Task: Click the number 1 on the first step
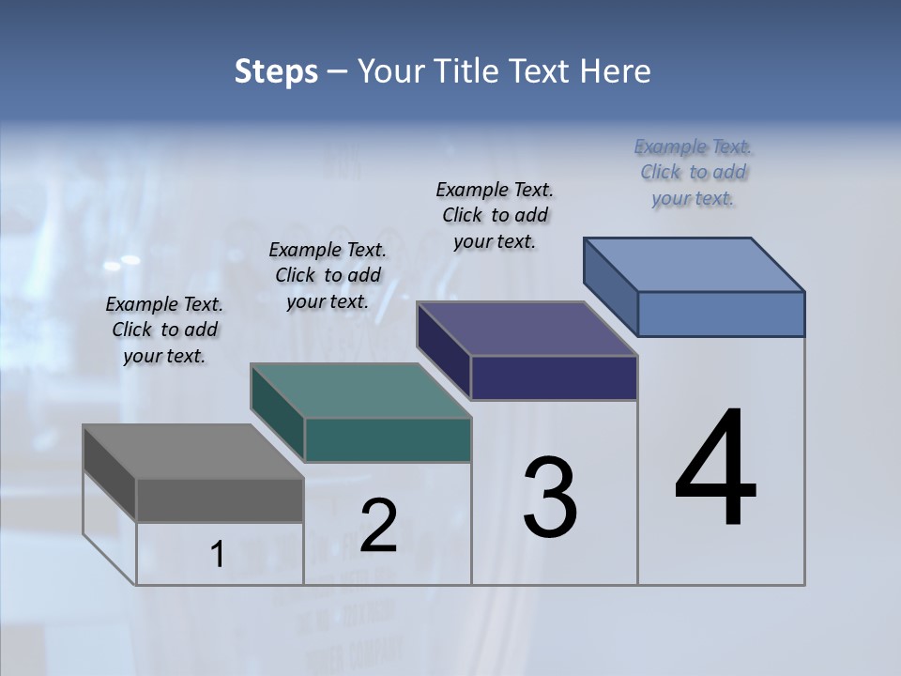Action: [x=217, y=555]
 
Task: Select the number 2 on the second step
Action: [x=378, y=526]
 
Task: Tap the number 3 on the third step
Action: [x=550, y=498]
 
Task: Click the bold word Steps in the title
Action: [x=276, y=71]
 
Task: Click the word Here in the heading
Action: [x=616, y=71]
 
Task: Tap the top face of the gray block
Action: [x=192, y=452]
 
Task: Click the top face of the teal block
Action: [x=360, y=391]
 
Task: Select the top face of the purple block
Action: [x=527, y=329]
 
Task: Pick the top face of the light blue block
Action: [x=695, y=264]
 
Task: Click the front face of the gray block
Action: [x=220, y=500]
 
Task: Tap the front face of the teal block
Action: [x=388, y=440]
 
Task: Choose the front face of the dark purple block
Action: [x=554, y=378]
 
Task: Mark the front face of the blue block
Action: [x=721, y=314]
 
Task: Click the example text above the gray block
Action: [x=164, y=330]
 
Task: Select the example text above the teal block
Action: [x=328, y=275]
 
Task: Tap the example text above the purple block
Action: [x=495, y=215]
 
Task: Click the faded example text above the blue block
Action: [x=693, y=172]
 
